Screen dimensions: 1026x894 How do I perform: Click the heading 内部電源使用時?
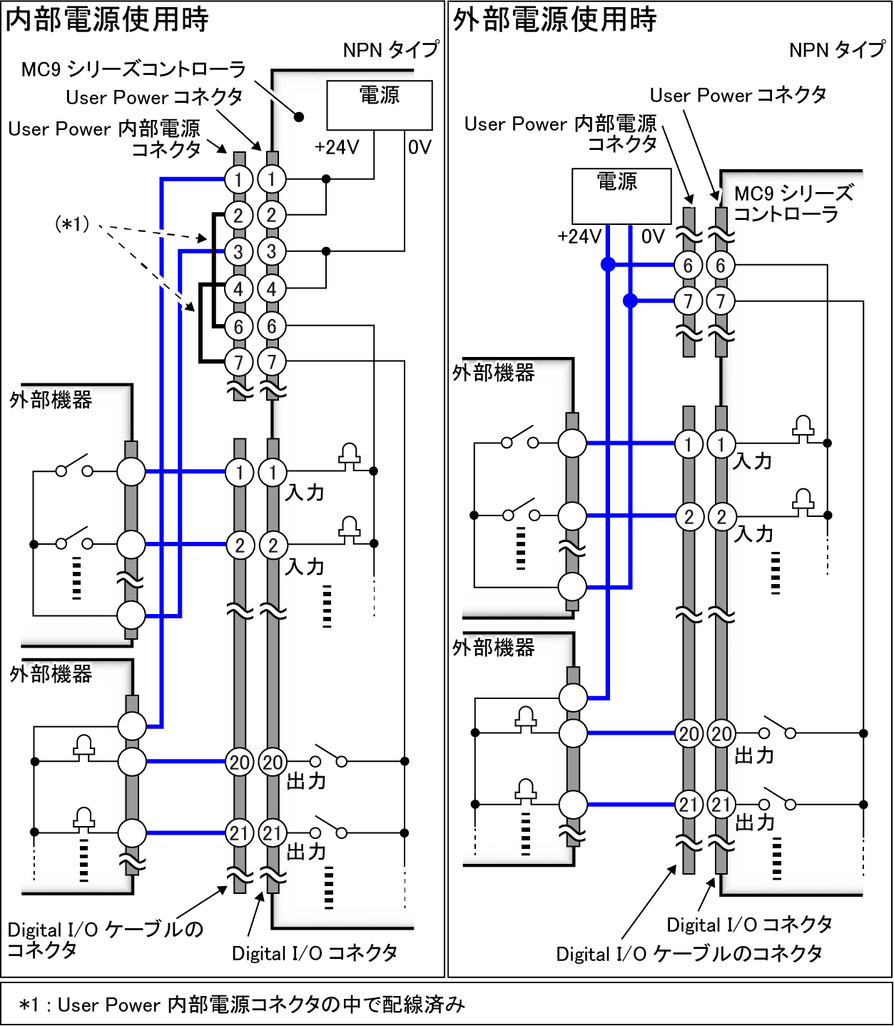click(107, 19)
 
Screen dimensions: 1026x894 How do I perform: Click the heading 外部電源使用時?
click(554, 19)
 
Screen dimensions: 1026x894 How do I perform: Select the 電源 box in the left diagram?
click(379, 104)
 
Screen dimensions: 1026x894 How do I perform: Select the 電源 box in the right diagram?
click(621, 195)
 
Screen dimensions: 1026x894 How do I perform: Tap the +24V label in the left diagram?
click(336, 147)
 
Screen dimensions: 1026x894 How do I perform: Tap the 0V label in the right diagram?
click(652, 236)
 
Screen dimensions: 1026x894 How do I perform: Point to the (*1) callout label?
click(72, 224)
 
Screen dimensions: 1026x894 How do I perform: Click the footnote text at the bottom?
click(243, 1005)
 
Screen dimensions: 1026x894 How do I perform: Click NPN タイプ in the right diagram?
click(836, 50)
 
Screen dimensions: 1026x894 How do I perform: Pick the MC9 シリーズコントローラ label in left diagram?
click(133, 69)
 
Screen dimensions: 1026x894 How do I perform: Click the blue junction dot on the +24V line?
click(608, 265)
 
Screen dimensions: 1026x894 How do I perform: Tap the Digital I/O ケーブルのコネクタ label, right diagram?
click(689, 954)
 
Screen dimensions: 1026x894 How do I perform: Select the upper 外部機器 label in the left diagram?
click(51, 399)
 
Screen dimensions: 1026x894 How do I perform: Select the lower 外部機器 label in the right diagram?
click(494, 648)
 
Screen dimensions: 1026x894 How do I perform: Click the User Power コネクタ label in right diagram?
click(738, 95)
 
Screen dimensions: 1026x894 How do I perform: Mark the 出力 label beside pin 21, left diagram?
click(306, 852)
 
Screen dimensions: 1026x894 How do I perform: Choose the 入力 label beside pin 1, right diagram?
click(753, 461)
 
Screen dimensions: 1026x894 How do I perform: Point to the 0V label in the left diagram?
click(420, 147)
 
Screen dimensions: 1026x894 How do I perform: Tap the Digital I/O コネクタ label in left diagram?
click(315, 952)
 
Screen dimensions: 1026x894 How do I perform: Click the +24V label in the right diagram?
click(579, 236)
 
